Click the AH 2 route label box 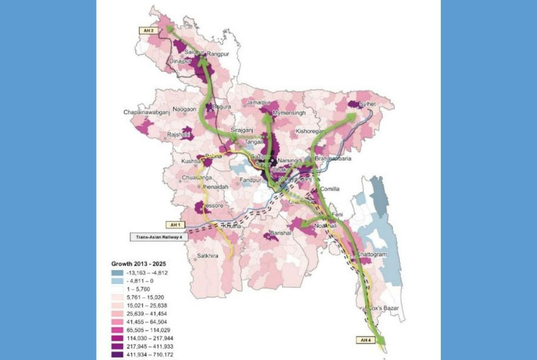pyautogui.click(x=149, y=31)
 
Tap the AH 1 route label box pyautogui.click(x=176, y=225)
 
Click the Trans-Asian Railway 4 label pyautogui.click(x=160, y=237)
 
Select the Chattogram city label pyautogui.click(x=372, y=254)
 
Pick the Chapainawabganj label pyautogui.click(x=146, y=113)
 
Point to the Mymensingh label pyautogui.click(x=292, y=113)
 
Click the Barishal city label pyautogui.click(x=281, y=233)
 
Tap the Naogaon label pyautogui.click(x=185, y=109)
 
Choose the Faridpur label pyautogui.click(x=250, y=180)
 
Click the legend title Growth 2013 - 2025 pyautogui.click(x=139, y=264)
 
